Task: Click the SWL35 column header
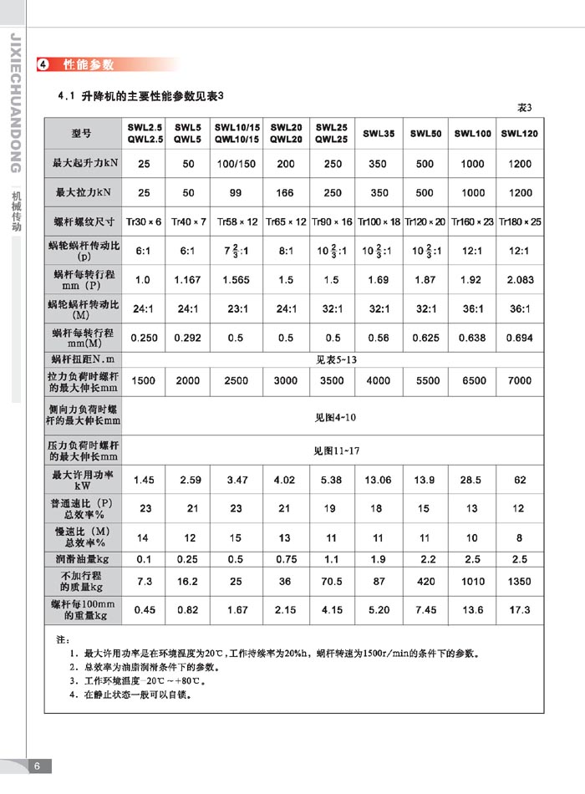(x=379, y=133)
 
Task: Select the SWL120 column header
(x=519, y=133)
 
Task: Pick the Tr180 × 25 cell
(x=519, y=221)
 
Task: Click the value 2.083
(x=519, y=280)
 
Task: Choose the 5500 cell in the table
(x=427, y=380)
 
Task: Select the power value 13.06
(x=379, y=480)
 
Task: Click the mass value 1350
(x=519, y=581)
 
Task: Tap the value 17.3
(x=519, y=610)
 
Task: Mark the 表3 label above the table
(x=524, y=108)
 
